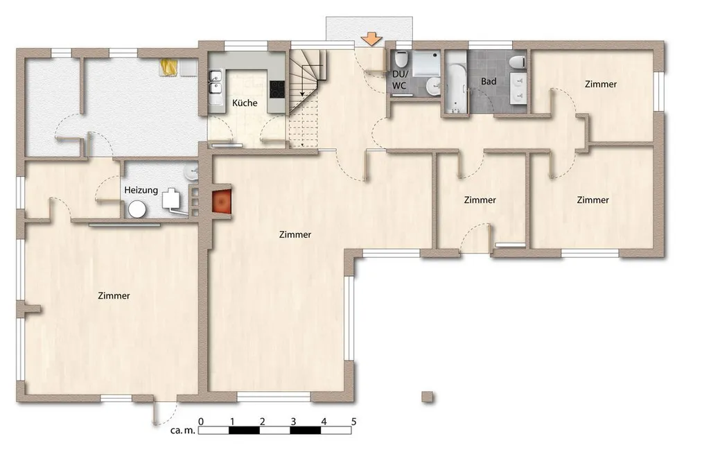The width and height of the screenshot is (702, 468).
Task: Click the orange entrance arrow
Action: click(x=371, y=39)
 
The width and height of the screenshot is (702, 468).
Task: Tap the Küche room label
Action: click(x=245, y=103)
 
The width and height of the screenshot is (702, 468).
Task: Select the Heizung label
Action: click(x=141, y=190)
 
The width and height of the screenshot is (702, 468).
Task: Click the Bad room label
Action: click(x=489, y=82)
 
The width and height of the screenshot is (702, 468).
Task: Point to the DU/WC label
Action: click(x=399, y=79)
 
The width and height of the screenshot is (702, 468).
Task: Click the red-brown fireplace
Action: click(x=222, y=201)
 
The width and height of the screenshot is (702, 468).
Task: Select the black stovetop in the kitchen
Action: click(x=278, y=89)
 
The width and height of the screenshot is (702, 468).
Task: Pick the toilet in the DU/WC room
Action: click(x=401, y=59)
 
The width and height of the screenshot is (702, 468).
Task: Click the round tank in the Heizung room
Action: click(x=137, y=209)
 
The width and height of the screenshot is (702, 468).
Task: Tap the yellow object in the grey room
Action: click(x=169, y=67)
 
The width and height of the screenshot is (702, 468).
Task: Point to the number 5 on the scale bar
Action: click(x=353, y=422)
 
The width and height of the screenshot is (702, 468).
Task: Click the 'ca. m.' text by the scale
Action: click(x=183, y=431)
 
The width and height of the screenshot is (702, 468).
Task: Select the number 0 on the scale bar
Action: click(x=201, y=422)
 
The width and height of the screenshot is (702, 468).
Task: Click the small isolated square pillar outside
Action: click(x=428, y=397)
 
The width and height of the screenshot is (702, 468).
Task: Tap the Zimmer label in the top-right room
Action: click(x=601, y=84)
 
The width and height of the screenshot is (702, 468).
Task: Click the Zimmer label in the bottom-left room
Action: click(x=114, y=295)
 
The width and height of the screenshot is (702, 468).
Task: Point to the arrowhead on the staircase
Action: click(x=303, y=94)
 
